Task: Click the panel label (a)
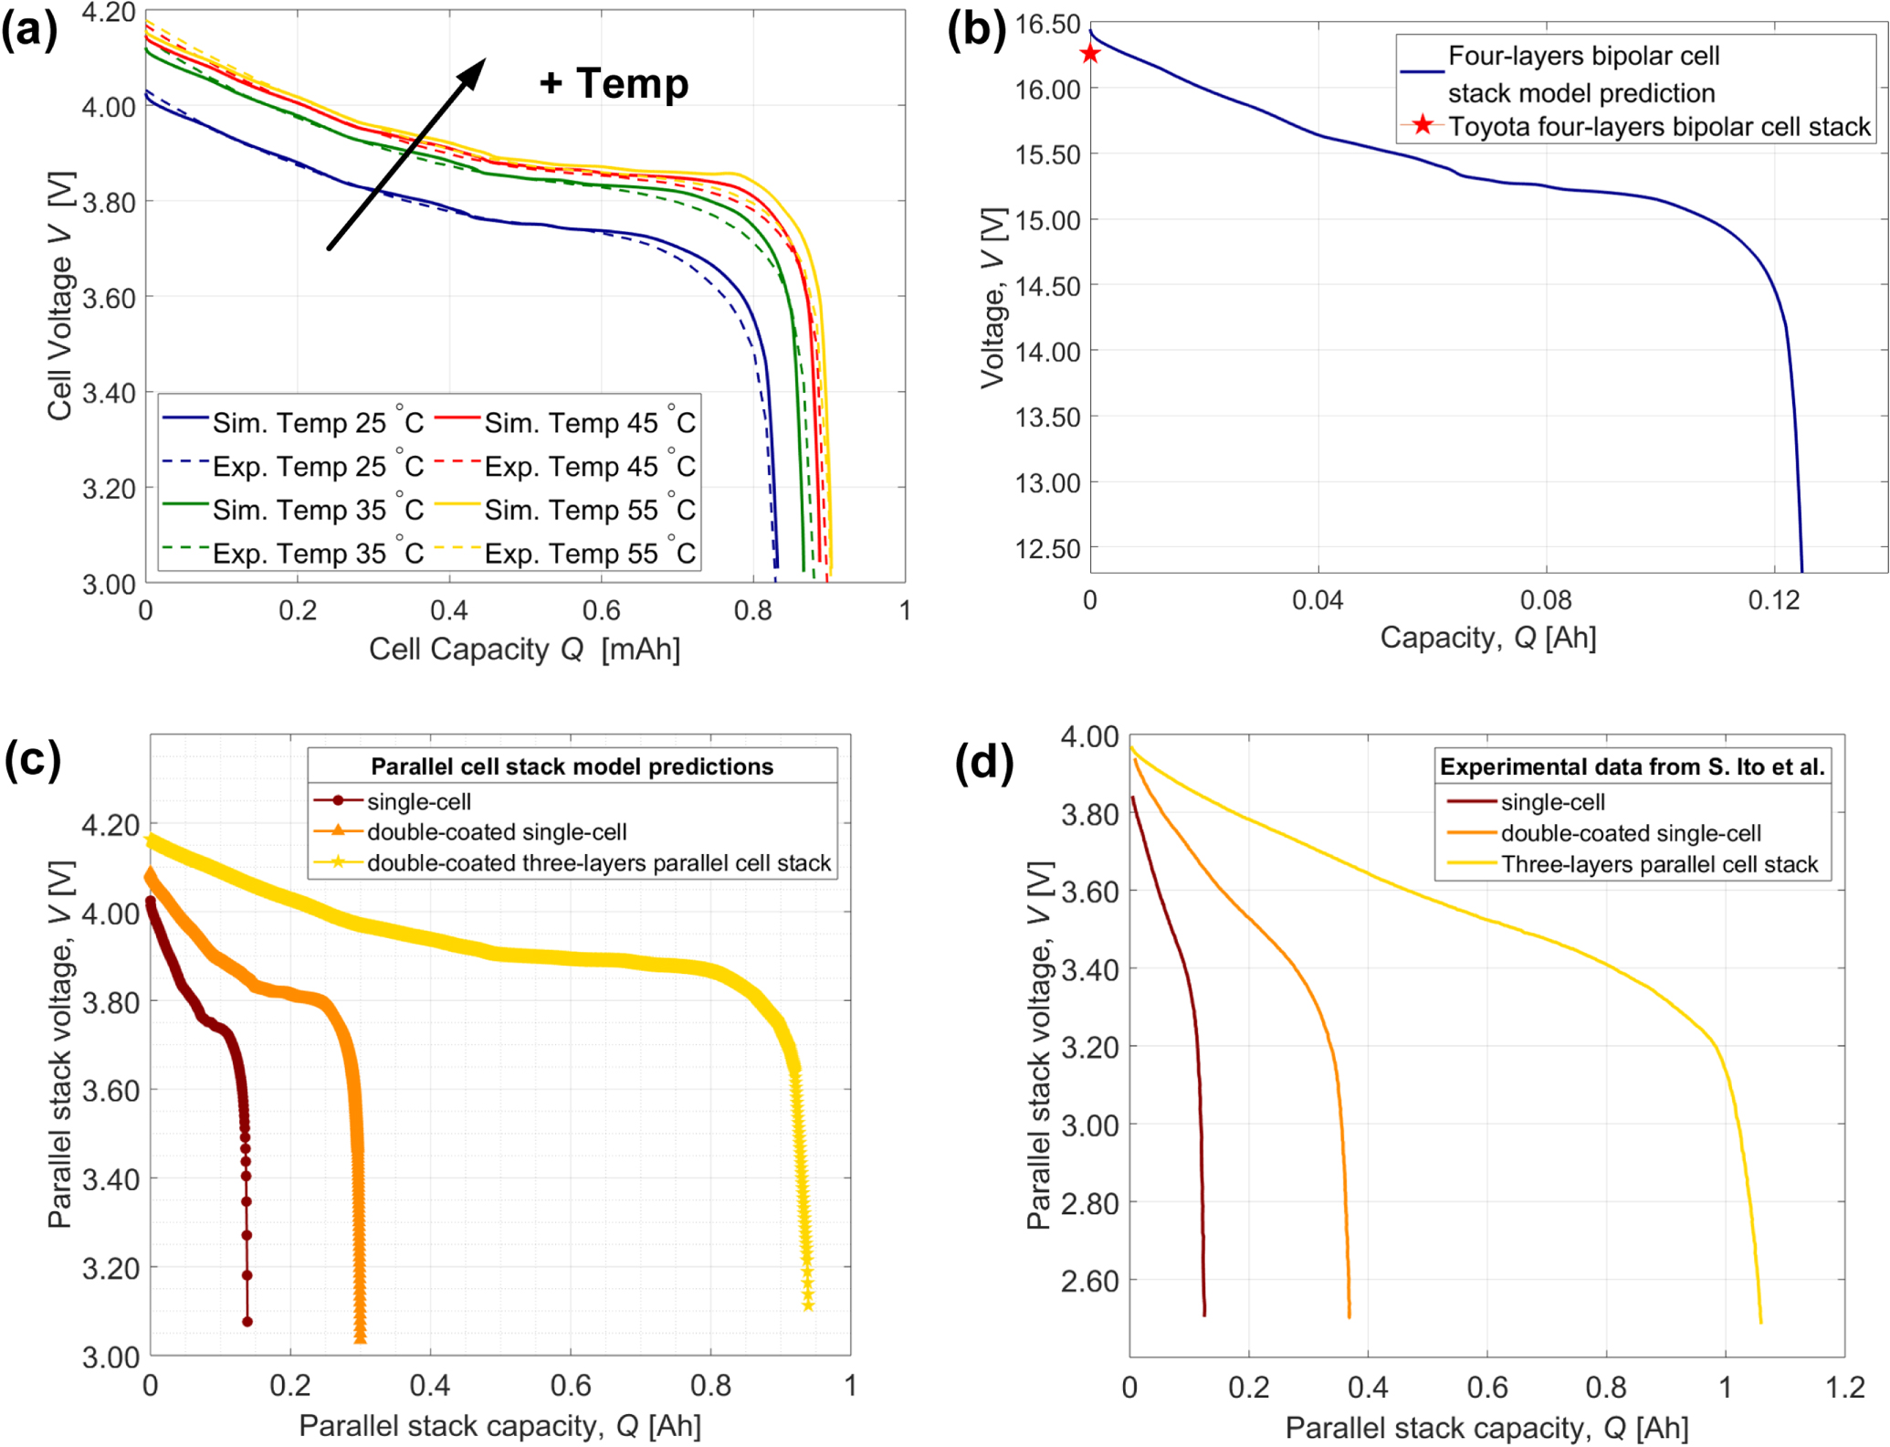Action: (29, 31)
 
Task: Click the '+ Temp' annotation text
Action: (614, 83)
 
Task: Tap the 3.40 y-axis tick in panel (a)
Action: (109, 394)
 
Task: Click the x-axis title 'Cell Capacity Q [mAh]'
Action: (524, 649)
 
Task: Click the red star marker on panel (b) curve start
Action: (1089, 54)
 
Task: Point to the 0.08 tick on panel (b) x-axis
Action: (1546, 600)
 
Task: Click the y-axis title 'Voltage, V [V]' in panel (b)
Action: (992, 298)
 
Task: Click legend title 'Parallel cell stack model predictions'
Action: (572, 766)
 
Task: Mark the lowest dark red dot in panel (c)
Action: (247, 1321)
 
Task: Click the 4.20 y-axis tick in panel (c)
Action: (110, 825)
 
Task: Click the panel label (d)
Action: (983, 761)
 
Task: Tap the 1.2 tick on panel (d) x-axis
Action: (1843, 1388)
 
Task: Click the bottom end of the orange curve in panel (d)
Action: (1349, 1315)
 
